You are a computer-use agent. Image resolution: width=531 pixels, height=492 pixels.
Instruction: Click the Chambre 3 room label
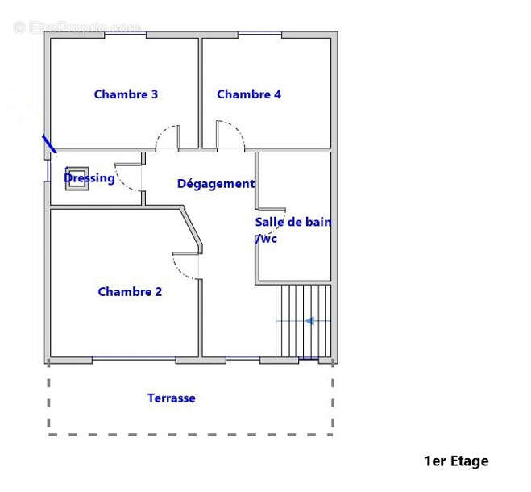(x=126, y=94)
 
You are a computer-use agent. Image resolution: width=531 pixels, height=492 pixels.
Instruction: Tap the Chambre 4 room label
(x=249, y=94)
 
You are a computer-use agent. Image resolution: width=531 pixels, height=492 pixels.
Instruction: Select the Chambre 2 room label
(x=130, y=292)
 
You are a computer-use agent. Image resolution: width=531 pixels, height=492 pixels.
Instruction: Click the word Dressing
(x=89, y=178)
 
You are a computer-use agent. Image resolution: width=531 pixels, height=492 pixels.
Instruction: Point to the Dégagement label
(x=215, y=184)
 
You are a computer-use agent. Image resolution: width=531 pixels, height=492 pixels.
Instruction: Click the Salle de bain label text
(x=292, y=223)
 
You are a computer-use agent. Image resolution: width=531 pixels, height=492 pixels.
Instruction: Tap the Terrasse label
(x=171, y=398)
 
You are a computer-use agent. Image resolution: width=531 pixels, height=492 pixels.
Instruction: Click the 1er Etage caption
(x=456, y=461)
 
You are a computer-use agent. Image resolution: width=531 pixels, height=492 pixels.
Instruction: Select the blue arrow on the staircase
(x=309, y=321)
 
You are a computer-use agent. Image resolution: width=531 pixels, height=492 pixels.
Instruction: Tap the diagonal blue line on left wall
(x=49, y=144)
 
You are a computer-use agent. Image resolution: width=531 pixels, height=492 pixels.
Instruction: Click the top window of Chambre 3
(x=124, y=34)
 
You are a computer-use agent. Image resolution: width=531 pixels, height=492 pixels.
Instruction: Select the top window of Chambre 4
(x=259, y=34)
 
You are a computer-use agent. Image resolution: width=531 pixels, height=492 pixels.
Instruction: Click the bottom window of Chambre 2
(x=134, y=360)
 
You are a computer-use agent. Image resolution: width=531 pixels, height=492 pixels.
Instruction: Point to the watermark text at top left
(x=77, y=27)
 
